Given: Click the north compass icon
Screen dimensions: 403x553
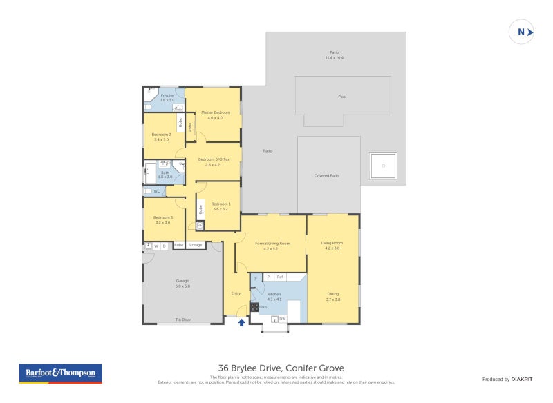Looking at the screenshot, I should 522,32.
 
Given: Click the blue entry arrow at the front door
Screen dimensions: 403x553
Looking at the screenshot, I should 241,322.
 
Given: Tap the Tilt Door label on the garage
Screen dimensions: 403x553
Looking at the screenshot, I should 182,320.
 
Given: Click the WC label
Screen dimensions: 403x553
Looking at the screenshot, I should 157,191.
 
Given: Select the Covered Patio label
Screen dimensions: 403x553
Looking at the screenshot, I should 327,176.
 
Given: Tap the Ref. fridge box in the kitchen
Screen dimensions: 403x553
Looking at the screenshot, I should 280,277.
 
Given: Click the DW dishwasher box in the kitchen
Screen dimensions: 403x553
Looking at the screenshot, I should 282,319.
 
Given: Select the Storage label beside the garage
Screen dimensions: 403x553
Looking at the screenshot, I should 196,245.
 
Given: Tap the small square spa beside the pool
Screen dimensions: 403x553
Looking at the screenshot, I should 383,166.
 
